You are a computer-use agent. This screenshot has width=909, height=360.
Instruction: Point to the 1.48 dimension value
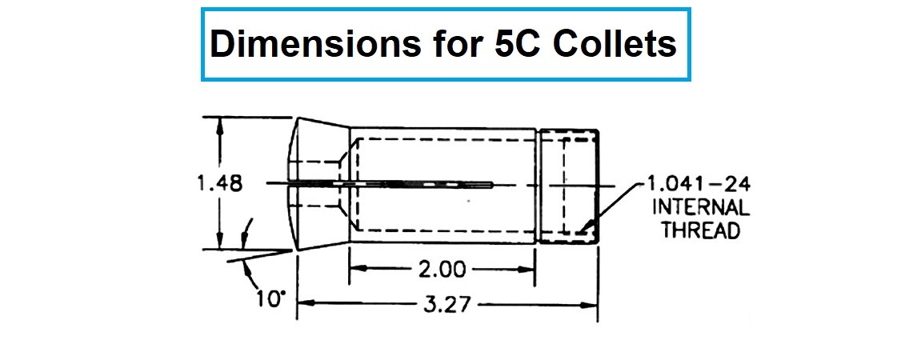tap(219, 183)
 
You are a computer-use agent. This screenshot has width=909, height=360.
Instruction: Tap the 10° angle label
tap(271, 300)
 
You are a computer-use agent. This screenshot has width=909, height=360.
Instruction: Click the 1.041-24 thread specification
tap(701, 186)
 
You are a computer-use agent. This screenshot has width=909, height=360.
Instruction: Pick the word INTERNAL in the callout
tap(701, 208)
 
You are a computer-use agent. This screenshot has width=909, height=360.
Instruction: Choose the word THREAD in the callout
tap(701, 230)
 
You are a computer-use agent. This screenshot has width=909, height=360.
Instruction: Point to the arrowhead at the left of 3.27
tap(303, 304)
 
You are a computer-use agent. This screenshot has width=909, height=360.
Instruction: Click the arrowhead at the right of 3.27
tap(592, 304)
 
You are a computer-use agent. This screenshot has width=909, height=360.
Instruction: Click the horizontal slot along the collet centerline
tap(416, 183)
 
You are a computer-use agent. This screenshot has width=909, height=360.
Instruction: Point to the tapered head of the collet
tap(320, 183)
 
